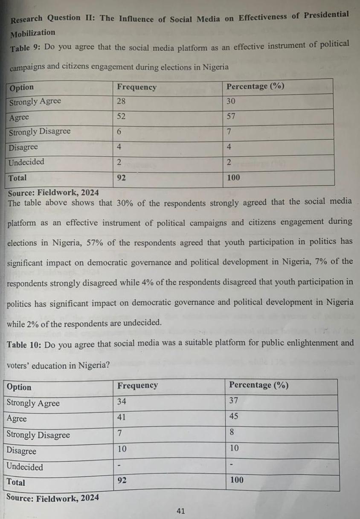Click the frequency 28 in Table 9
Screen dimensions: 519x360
point(122,102)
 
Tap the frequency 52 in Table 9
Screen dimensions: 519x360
point(122,117)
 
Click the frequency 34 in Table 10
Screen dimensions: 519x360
point(122,401)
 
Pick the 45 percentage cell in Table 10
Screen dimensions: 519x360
point(234,417)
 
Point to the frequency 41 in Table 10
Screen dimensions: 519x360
point(122,417)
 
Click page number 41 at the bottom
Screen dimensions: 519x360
point(180,511)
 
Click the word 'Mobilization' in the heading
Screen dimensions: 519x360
point(33,33)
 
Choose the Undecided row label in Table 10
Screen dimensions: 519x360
point(25,467)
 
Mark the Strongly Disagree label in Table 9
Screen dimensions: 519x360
point(40,131)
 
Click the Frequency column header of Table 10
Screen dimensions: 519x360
point(137,385)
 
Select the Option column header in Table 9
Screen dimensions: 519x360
point(21,87)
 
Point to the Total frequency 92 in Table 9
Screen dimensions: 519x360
point(122,178)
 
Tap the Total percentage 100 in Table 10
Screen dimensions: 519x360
point(237,480)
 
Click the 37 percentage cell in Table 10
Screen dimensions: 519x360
point(234,401)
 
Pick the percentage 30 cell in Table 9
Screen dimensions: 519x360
point(231,102)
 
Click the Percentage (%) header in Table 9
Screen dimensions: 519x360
point(255,86)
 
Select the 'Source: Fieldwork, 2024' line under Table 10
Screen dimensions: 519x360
point(53,498)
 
